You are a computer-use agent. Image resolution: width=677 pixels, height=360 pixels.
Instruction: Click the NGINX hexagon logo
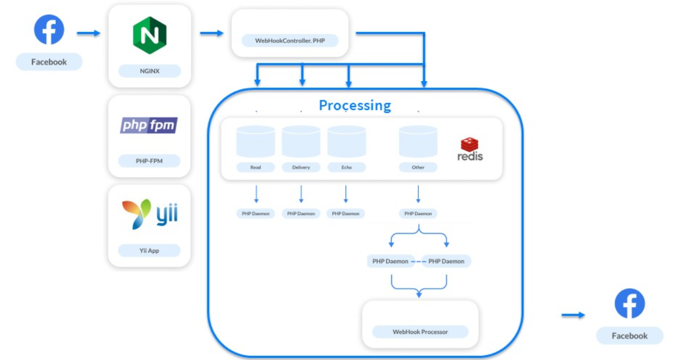(x=150, y=35)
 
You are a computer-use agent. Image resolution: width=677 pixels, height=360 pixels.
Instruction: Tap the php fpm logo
(x=149, y=125)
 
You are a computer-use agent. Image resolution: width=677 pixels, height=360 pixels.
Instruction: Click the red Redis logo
(x=469, y=150)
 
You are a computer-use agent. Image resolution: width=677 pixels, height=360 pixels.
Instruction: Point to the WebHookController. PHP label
(x=290, y=41)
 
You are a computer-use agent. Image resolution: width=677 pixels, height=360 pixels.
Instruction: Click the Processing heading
(x=355, y=106)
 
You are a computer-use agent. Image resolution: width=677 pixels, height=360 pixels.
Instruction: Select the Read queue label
(x=256, y=168)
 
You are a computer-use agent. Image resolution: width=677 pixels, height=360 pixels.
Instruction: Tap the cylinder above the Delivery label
(x=301, y=141)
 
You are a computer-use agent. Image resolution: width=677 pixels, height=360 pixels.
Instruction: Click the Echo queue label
(x=347, y=168)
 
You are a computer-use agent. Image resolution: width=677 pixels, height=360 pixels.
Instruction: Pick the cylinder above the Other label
(x=418, y=141)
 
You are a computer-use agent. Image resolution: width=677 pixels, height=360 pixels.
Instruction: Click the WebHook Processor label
(x=420, y=332)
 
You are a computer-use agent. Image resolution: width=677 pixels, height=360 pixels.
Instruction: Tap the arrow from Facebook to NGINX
(x=89, y=33)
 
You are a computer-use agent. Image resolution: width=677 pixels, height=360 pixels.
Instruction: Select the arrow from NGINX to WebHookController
(x=212, y=33)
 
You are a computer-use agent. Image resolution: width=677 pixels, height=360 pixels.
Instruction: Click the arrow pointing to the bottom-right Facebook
(x=573, y=315)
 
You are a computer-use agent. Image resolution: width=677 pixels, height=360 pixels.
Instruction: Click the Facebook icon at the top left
(x=49, y=30)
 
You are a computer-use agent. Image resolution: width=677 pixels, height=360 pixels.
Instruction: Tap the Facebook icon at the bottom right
(x=629, y=303)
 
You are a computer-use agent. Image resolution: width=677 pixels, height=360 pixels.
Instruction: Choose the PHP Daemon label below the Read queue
(x=256, y=214)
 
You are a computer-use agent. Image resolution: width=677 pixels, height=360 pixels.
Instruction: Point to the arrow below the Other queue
(x=418, y=194)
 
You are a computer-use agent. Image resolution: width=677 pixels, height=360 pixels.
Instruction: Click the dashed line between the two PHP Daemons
(x=418, y=261)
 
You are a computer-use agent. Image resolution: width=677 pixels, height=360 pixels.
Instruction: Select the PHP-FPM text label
(x=150, y=161)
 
